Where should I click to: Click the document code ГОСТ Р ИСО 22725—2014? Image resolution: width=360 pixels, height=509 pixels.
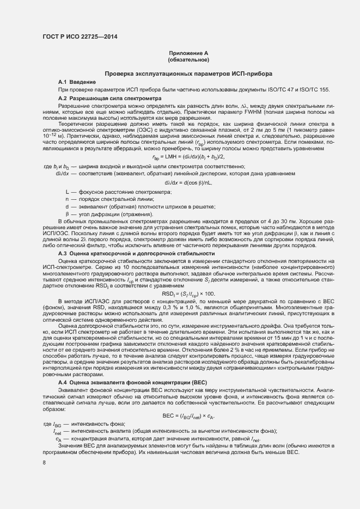(80, 36)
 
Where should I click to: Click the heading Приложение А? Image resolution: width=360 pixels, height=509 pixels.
(189, 53)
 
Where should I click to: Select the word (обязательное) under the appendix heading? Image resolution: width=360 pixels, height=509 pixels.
(189, 59)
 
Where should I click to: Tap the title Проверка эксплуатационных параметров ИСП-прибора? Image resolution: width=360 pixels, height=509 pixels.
(189, 73)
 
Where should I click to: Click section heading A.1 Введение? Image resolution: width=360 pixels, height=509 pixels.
(77, 81)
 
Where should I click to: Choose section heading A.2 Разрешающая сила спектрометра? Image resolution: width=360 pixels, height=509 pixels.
(105, 97)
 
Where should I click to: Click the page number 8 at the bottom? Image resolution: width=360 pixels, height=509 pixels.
(44, 463)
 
